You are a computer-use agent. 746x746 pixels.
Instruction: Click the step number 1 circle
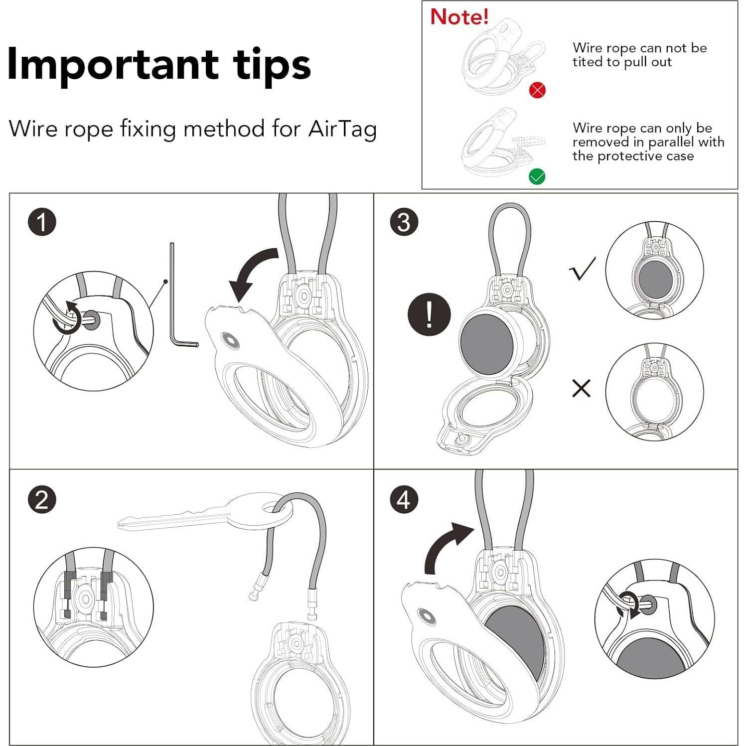tap(42, 222)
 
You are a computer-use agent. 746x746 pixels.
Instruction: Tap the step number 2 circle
tap(42, 499)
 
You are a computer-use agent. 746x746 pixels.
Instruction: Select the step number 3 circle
tap(404, 222)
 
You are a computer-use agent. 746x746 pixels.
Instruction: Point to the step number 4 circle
tap(404, 499)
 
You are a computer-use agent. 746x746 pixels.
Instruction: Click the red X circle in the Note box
tap(537, 90)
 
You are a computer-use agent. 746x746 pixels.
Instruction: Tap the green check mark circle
tap(537, 176)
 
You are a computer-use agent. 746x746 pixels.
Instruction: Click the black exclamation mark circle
tap(429, 314)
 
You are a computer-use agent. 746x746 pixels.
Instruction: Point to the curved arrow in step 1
tap(252, 274)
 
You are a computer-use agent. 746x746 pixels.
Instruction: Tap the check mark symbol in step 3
tap(582, 269)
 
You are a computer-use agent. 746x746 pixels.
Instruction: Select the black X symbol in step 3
tap(581, 388)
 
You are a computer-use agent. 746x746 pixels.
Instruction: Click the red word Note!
tap(459, 17)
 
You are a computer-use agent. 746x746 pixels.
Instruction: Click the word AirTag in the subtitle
tap(342, 129)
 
